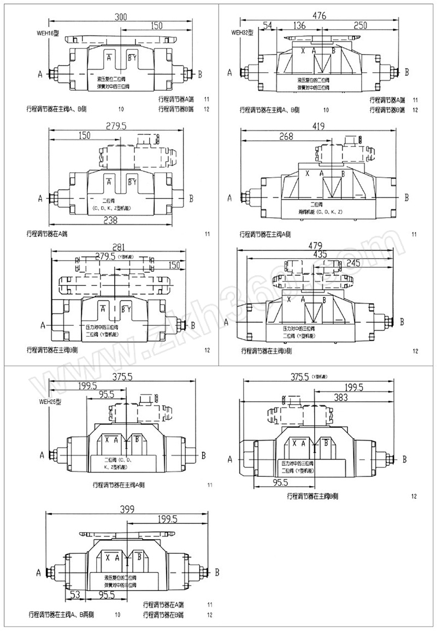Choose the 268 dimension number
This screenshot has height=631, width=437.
(287, 136)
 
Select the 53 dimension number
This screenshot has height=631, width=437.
(76, 594)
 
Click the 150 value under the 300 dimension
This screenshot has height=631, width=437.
(157, 26)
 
